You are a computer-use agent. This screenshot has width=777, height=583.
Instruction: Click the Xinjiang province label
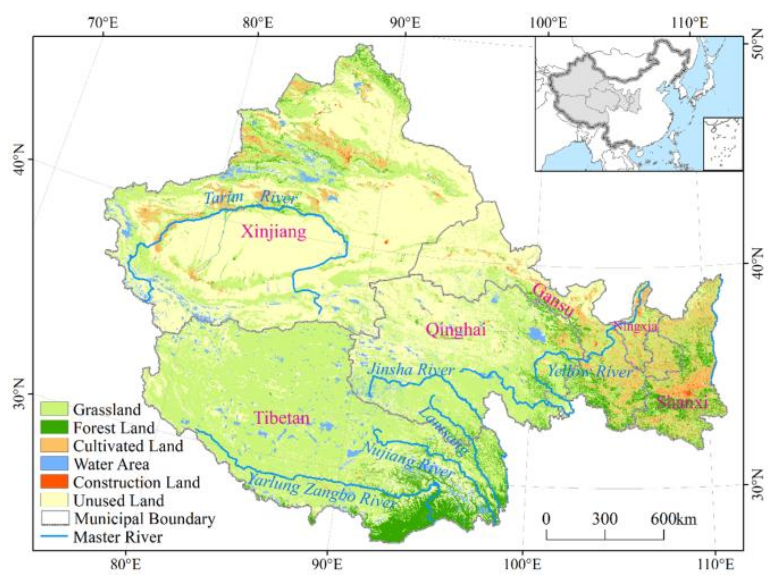pos(274,231)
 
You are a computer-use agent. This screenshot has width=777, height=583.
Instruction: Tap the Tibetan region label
pos(282,418)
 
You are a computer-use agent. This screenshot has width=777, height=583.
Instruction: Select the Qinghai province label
pos(455,329)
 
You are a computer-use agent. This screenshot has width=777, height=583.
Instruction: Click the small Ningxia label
pos(635,326)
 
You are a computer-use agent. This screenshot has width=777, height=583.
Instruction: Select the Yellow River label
pos(590,372)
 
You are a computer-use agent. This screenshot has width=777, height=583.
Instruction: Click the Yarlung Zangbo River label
pos(321,490)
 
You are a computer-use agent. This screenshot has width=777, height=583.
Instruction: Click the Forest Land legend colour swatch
pos(54,427)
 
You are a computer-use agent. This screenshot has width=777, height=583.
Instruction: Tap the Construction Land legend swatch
pos(54,482)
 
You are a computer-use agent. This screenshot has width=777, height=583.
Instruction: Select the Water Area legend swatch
pos(54,464)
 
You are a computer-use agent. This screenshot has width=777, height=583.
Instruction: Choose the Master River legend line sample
pos(54,536)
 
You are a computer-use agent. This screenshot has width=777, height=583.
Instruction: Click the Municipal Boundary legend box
pos(55,518)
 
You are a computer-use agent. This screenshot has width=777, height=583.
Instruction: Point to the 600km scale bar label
pos(673,519)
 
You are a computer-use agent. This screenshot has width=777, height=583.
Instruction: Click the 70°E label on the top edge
pos(103,23)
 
